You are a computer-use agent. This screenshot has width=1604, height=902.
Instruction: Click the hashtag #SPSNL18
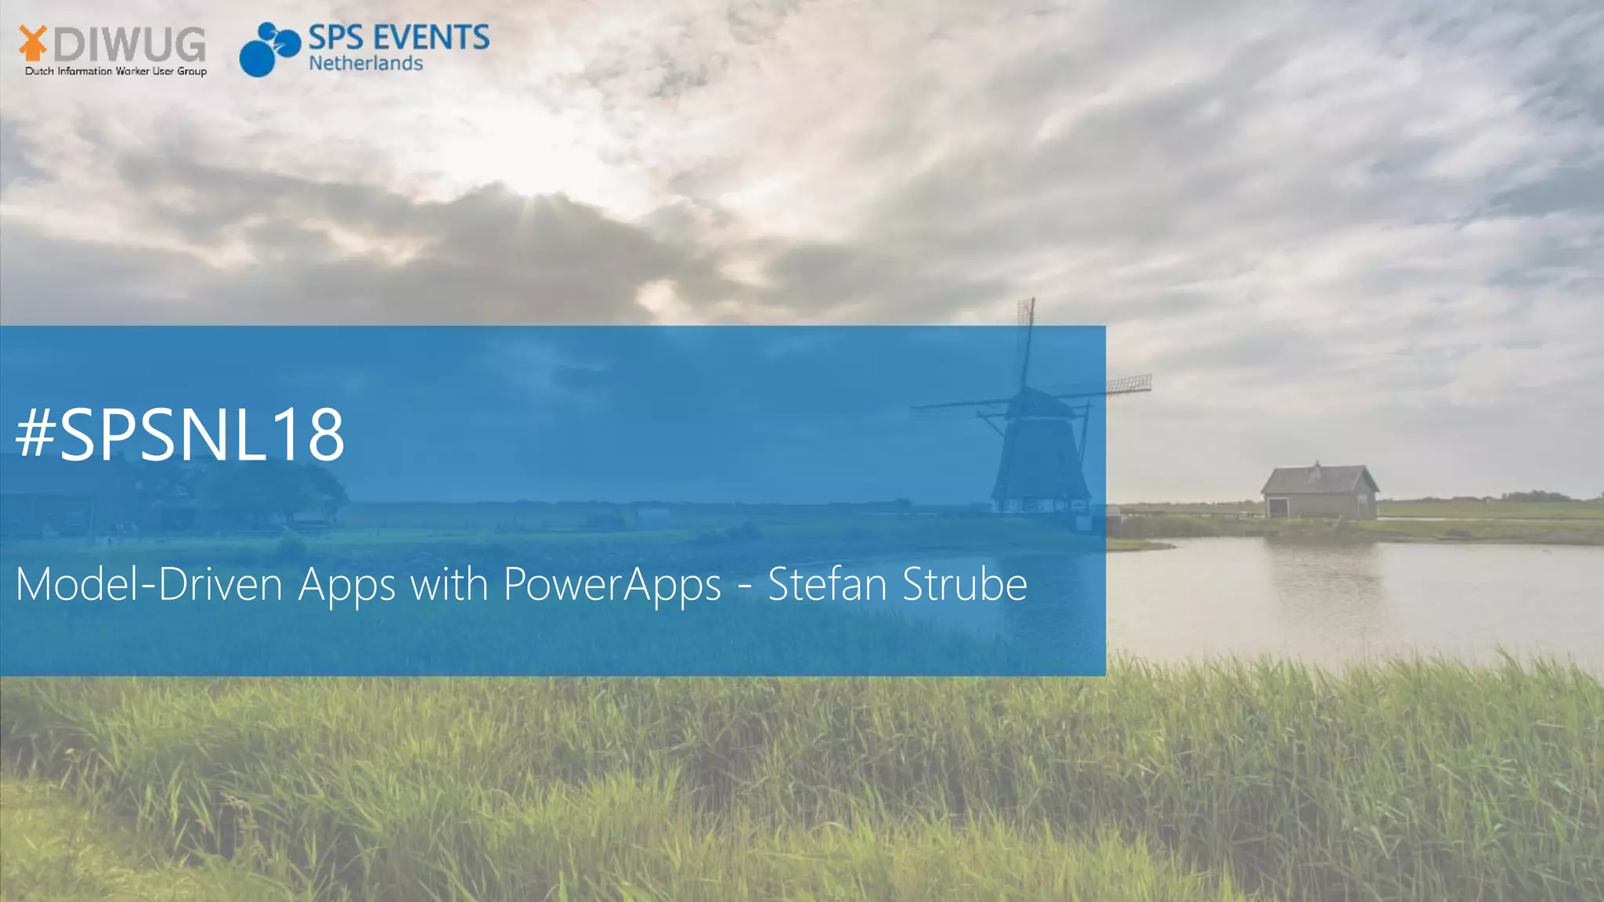click(x=180, y=435)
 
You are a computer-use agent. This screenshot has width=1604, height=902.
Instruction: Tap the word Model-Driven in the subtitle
click(x=149, y=584)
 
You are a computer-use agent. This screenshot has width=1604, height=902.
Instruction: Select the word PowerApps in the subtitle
click(x=612, y=584)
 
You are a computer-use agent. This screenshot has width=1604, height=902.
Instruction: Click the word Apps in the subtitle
click(x=346, y=586)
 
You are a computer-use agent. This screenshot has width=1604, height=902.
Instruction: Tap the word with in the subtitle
click(x=450, y=584)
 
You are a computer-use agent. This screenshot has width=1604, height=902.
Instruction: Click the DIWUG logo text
click(x=129, y=45)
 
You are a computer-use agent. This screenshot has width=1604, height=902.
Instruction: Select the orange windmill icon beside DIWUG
click(x=32, y=43)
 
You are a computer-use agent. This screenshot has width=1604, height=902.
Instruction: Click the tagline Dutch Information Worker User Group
click(x=116, y=71)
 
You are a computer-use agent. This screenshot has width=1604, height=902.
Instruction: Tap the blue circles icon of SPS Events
click(x=269, y=49)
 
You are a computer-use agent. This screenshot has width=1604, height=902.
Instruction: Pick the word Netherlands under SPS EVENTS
click(x=366, y=63)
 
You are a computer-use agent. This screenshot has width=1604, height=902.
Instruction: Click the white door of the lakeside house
click(x=1278, y=507)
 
